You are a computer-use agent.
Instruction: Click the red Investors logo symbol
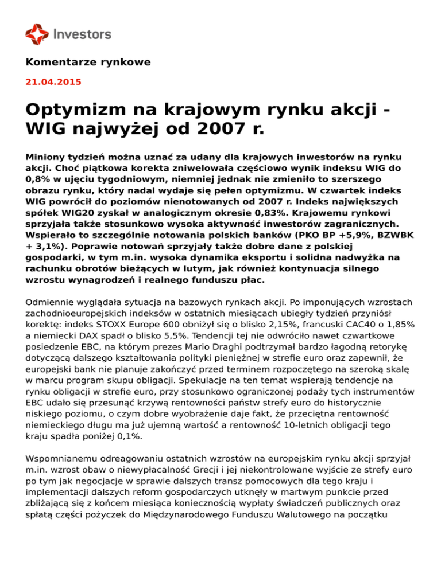37,34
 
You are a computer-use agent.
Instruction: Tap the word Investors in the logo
82,34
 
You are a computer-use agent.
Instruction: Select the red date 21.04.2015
53,82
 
